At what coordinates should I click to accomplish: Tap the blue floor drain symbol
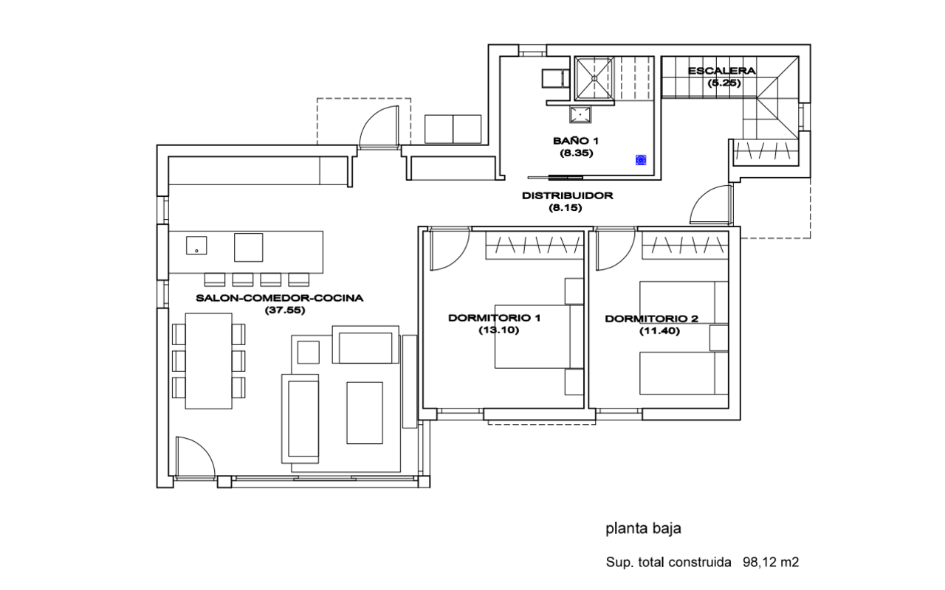[x=641, y=159]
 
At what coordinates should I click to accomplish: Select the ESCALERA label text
[x=721, y=72]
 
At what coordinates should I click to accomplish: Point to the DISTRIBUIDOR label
[x=567, y=196]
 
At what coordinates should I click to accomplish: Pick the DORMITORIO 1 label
[x=495, y=319]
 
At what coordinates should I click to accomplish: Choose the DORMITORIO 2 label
[x=651, y=319]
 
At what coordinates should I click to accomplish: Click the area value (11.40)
[x=659, y=331]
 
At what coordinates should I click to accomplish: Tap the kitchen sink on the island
[x=196, y=246]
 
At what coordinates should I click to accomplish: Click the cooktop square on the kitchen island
[x=248, y=247]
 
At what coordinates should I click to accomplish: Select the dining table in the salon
[x=208, y=361]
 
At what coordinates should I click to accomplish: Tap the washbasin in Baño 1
[x=580, y=114]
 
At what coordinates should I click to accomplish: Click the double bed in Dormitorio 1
[x=532, y=336]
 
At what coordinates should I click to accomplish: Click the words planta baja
[x=642, y=528]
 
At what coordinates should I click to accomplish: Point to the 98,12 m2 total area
[x=771, y=563]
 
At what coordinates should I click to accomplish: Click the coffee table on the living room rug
[x=365, y=412]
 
